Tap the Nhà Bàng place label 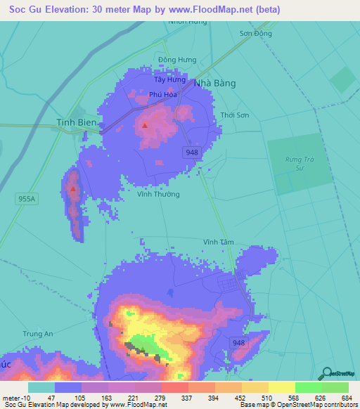click(x=214, y=83)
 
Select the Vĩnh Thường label click(x=159, y=194)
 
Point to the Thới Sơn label click(x=235, y=115)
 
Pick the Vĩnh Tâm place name click(x=218, y=242)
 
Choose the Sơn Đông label click(x=255, y=33)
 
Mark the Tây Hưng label click(x=169, y=80)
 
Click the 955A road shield click(x=26, y=199)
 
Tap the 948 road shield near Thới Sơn click(x=192, y=152)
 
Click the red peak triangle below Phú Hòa click(x=145, y=126)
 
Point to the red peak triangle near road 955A click(x=72, y=188)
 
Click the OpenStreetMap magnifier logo click(x=326, y=374)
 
